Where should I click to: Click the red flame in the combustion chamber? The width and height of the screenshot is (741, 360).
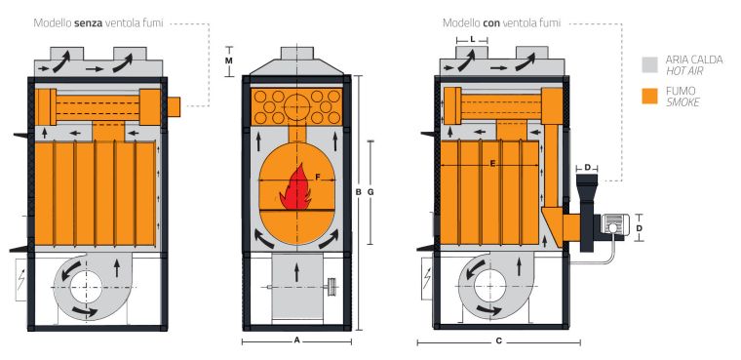(x=295, y=189)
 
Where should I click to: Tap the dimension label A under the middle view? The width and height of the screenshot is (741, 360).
(x=296, y=340)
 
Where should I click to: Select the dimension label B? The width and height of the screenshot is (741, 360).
(x=359, y=192)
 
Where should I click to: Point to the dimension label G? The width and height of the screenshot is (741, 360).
(x=370, y=192)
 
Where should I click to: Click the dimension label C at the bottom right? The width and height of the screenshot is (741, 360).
(x=498, y=340)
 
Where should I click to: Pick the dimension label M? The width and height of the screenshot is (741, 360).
(x=229, y=60)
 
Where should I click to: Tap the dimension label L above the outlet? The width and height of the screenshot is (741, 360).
(x=472, y=40)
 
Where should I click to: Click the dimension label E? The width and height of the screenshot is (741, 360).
(x=492, y=163)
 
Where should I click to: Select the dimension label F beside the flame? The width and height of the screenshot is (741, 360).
(x=318, y=177)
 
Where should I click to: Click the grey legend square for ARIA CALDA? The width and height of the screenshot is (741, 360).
(x=649, y=64)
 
